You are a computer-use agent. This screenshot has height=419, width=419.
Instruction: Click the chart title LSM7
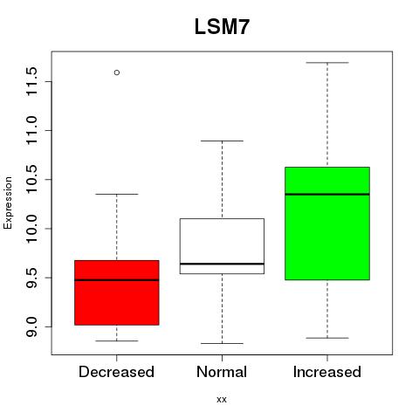222,27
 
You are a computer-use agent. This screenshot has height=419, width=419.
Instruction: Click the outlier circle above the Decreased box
117,72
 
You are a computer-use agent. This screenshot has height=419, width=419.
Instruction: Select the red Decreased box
117,292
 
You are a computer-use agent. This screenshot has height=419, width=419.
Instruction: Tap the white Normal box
222,246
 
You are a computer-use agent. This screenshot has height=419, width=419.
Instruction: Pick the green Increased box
327,223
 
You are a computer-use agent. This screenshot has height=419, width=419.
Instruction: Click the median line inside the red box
117,280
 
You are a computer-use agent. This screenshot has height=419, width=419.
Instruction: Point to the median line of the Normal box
222,264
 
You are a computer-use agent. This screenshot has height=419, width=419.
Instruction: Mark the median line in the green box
327,194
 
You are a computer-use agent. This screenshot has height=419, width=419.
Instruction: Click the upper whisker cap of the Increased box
327,63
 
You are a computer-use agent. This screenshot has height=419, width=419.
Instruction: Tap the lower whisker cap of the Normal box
222,343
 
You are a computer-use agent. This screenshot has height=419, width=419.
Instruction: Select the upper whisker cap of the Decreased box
117,194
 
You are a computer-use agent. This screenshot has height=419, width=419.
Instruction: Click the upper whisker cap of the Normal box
222,141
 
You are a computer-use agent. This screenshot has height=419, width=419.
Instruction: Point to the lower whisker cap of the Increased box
327,338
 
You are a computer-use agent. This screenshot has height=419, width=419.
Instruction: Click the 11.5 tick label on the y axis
31,81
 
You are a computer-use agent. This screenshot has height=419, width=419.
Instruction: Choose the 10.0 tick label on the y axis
31,229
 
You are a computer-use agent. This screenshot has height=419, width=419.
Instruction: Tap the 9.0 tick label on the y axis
31,326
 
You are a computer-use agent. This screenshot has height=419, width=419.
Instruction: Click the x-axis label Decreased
116,372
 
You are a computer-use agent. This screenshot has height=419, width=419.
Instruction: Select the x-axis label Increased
327,372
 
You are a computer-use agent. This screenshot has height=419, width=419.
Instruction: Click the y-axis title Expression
8,203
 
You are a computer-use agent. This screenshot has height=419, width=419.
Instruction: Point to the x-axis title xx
222,400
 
